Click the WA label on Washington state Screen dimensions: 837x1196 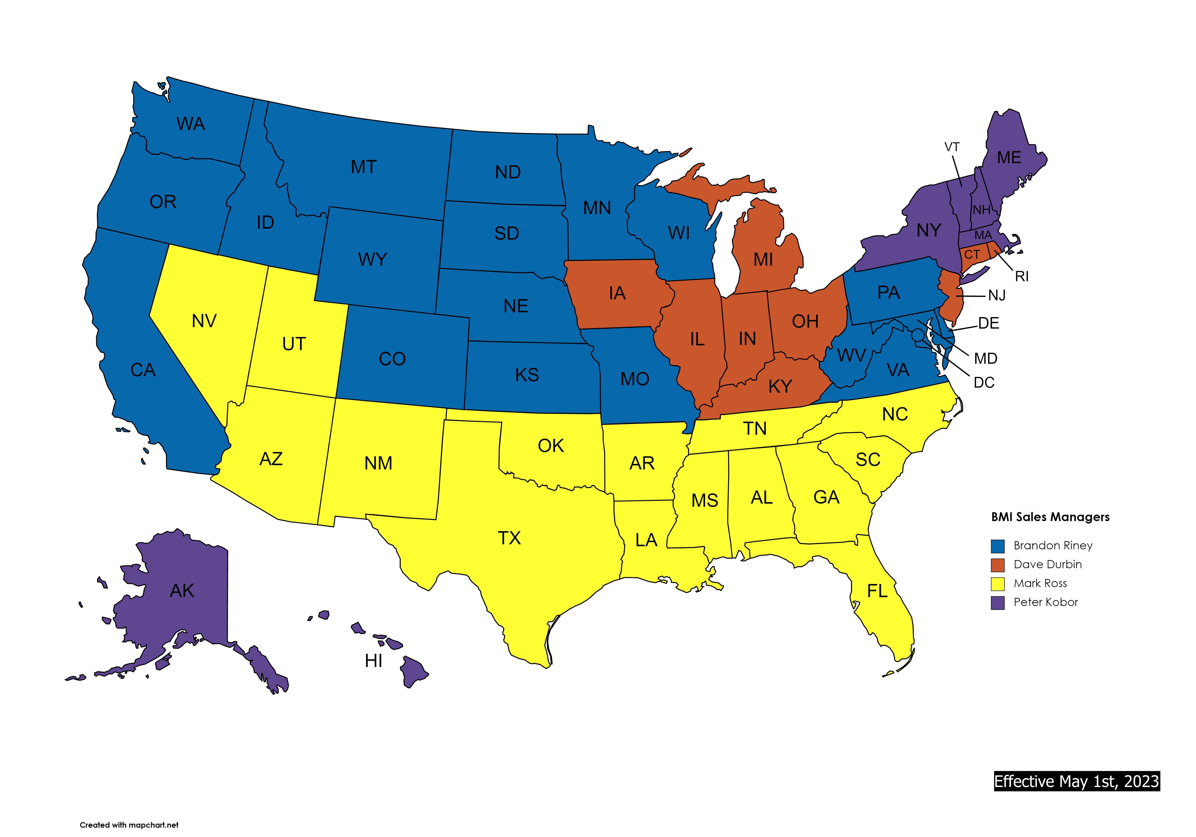click(191, 124)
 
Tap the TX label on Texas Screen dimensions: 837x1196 click(509, 538)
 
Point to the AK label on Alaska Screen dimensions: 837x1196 click(182, 591)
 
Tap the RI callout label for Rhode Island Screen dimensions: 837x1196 click(1021, 277)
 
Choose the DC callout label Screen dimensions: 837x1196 click(984, 383)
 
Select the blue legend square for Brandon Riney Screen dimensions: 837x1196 click(997, 546)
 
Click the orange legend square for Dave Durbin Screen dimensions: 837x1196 click(997, 565)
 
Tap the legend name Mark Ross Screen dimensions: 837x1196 click(1040, 583)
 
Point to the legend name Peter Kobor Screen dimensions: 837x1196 click(1046, 602)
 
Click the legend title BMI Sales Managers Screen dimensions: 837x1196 click(1050, 517)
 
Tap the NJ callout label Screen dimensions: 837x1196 click(997, 296)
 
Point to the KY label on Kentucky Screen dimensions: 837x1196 click(780, 386)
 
